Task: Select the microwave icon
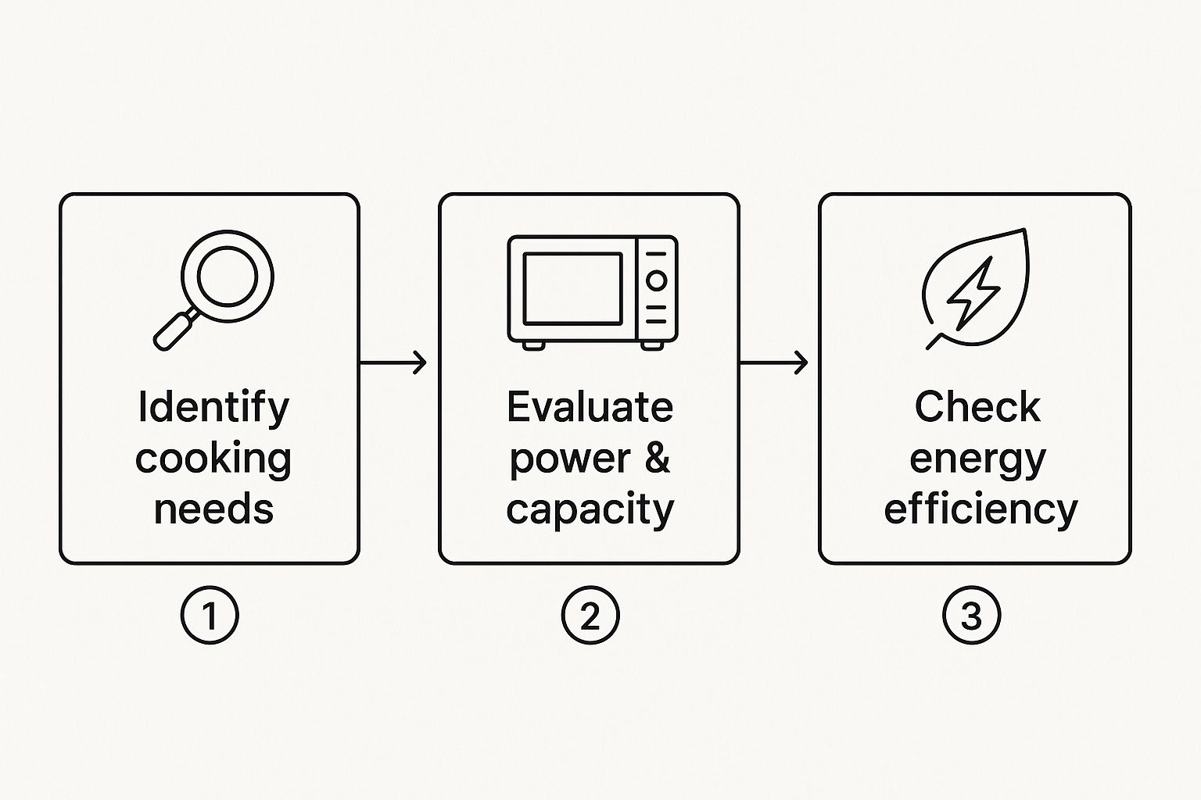point(593,292)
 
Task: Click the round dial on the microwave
point(656,280)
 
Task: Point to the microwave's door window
point(572,289)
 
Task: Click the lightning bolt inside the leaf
point(973,292)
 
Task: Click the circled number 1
point(210,615)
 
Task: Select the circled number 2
point(590,615)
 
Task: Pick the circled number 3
point(972,615)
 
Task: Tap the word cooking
point(213,459)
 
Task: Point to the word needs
point(214,509)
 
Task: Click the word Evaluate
point(590,407)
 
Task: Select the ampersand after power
point(658,458)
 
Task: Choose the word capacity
point(590,511)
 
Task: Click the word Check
point(977,407)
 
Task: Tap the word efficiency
point(981,511)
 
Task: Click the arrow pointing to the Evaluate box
point(393,362)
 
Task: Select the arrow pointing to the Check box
point(773,362)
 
